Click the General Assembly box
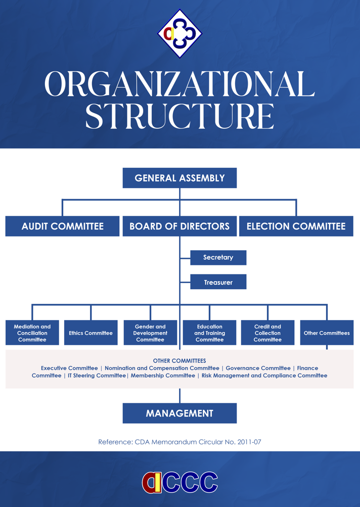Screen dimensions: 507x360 click(179, 178)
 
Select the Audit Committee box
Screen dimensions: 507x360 click(63, 226)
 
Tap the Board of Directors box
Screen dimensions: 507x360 click(179, 226)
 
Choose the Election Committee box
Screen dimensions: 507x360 click(296, 226)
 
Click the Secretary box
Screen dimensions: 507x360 click(218, 257)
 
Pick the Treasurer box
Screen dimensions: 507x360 click(218, 282)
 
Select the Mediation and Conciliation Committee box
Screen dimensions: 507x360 click(32, 333)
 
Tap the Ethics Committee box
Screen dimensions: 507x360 click(91, 333)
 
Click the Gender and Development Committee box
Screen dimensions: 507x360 click(150, 333)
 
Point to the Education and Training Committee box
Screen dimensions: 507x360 click(209, 333)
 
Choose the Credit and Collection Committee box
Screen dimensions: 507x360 click(267, 333)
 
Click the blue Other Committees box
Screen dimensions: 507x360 click(327, 333)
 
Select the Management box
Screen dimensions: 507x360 click(179, 413)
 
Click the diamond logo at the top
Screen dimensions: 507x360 click(179, 33)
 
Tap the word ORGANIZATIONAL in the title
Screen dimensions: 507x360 click(179, 84)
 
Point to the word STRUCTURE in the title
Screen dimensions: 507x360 click(179, 116)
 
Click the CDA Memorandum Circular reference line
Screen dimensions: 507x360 click(179, 442)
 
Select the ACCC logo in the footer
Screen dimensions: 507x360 click(179, 482)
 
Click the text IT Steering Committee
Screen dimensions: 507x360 click(97, 376)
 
